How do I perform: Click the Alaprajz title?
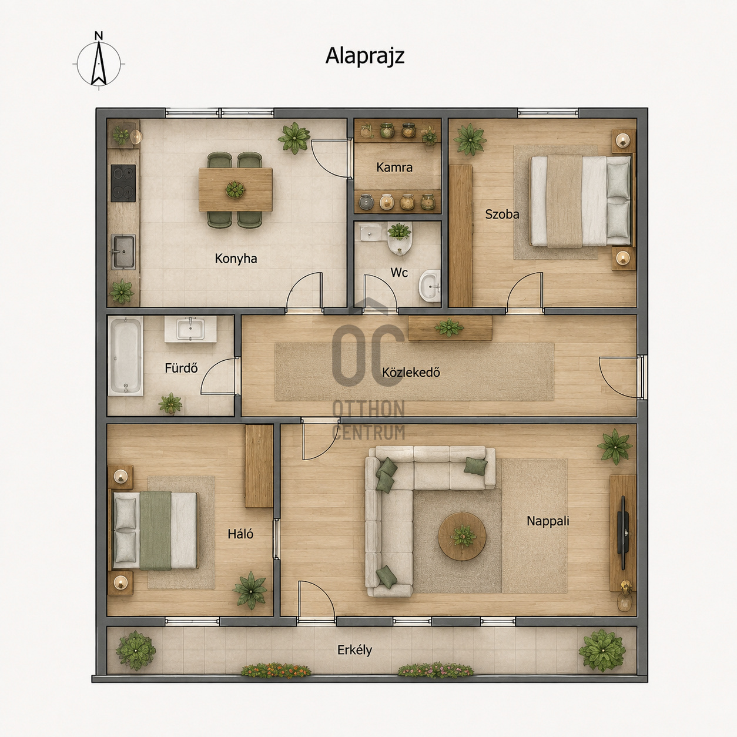(x=364, y=56)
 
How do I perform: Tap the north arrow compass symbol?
(x=99, y=62)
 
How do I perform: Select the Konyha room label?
(x=236, y=259)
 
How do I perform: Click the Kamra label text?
(x=394, y=168)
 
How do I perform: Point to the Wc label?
(x=399, y=272)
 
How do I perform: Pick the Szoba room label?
(x=502, y=214)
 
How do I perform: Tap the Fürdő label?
(x=181, y=368)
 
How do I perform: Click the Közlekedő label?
(x=411, y=372)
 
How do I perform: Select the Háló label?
(x=240, y=534)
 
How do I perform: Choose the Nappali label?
(x=548, y=521)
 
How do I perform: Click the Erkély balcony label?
(x=354, y=650)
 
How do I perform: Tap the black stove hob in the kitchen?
(x=123, y=183)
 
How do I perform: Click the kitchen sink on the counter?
(x=123, y=252)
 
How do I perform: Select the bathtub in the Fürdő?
(x=126, y=356)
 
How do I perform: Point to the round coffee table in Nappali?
(x=462, y=537)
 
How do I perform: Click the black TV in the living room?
(x=622, y=532)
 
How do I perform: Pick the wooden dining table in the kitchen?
(x=235, y=189)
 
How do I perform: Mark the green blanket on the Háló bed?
(x=155, y=531)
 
